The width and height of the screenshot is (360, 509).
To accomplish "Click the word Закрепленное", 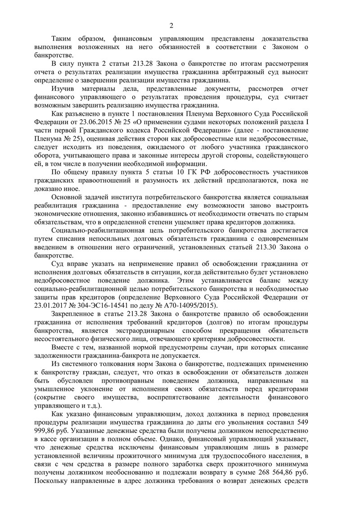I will tap(74, 314).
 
